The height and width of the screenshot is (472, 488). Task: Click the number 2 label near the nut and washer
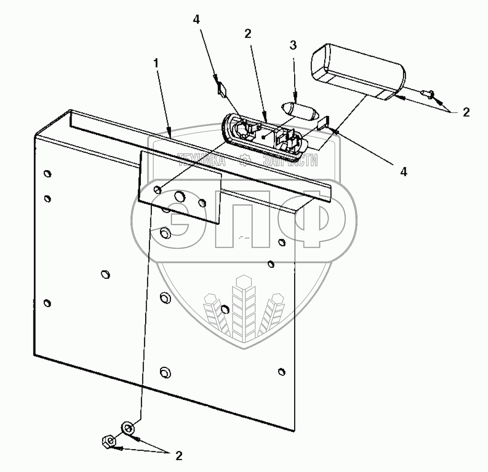click(x=178, y=456)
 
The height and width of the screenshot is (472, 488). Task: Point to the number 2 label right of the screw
click(x=466, y=113)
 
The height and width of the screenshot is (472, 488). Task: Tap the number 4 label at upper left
click(x=196, y=20)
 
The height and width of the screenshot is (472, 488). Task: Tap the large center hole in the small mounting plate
click(x=180, y=196)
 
